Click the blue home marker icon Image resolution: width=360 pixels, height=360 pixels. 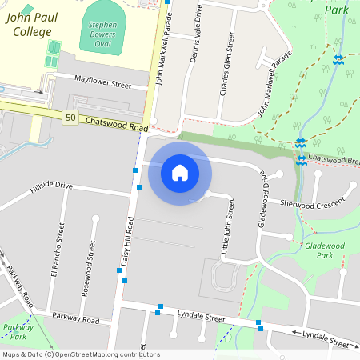pos(180,172)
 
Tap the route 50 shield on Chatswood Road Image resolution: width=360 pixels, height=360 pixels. pos(71,118)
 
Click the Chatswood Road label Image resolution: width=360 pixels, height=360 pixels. pos(117,124)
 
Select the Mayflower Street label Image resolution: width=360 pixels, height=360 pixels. pos(102,82)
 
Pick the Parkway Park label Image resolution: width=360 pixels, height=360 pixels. pos(18,332)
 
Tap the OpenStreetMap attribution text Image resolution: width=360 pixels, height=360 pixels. pos(81,354)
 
